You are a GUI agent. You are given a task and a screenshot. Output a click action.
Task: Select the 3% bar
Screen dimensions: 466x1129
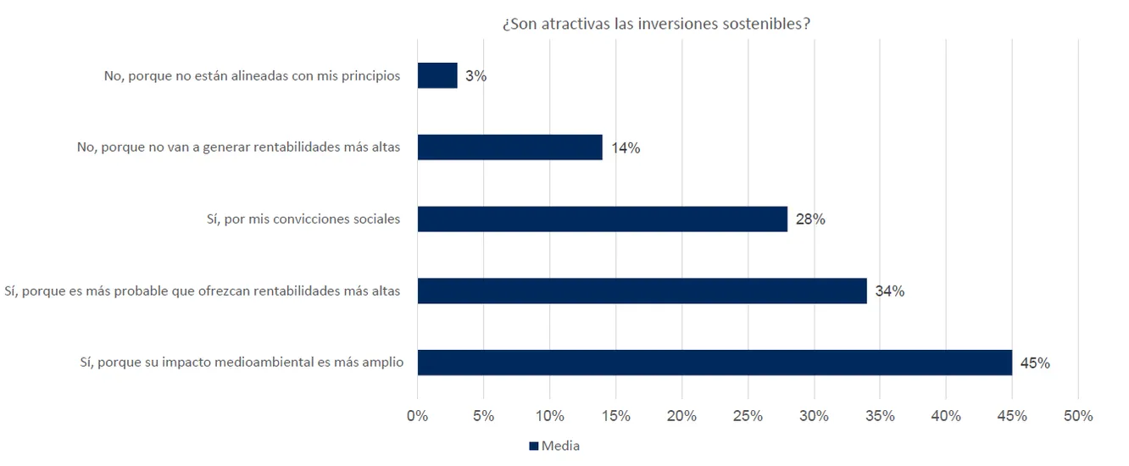point(437,75)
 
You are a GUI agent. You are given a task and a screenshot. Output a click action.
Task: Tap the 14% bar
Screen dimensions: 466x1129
point(509,147)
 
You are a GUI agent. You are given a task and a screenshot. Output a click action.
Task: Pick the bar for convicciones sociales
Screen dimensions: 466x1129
point(602,219)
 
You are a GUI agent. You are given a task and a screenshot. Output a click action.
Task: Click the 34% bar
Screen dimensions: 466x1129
point(642,291)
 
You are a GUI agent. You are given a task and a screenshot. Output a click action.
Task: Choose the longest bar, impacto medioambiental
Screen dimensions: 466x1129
point(715,363)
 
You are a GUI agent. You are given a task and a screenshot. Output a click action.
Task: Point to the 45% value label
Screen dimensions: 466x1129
point(1035,363)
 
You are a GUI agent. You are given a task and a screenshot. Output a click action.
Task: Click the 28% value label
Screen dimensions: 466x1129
point(810,219)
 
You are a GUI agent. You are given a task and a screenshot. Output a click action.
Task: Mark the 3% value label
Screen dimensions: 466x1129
point(476,76)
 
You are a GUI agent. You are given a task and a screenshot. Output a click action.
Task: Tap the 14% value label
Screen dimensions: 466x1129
point(626,148)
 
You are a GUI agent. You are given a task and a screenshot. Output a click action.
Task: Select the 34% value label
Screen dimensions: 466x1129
point(890,291)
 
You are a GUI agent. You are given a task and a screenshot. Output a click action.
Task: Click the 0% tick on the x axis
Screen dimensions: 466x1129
point(417,416)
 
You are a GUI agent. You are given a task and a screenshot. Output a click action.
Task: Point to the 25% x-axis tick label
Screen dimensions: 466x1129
point(748,416)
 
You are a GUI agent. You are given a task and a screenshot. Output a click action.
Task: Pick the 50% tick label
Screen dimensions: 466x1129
point(1078,416)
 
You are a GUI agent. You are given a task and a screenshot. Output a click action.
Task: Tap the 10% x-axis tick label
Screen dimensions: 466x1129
point(549,416)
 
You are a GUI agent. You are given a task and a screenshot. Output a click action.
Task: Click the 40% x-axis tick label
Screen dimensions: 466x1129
point(946,416)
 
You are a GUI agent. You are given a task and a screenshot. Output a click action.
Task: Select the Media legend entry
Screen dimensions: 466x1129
point(554,446)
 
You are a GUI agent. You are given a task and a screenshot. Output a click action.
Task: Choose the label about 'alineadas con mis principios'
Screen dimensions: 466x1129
point(252,75)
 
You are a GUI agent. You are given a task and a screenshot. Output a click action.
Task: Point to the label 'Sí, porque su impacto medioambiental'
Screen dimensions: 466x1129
point(239,363)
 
